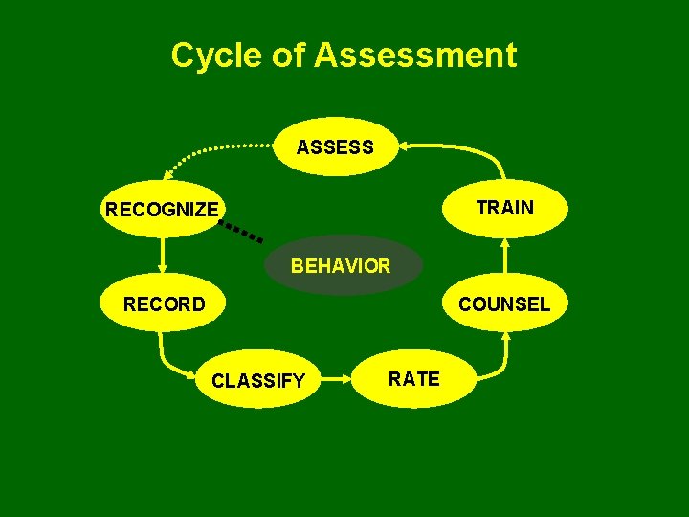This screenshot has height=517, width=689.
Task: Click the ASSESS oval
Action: pos(335,146)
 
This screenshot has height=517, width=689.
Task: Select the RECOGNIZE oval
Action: pos(163,209)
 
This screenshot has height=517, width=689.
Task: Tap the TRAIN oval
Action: pos(504,208)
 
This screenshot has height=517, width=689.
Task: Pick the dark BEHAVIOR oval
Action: pos(341,265)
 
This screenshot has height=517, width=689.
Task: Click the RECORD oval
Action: pos(164,304)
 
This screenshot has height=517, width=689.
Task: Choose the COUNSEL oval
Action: pos(503,304)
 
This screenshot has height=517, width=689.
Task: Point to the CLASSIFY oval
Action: pos(258,381)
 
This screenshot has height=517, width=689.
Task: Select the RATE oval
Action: pos(414,378)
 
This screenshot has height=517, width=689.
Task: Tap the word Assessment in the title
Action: pos(415,55)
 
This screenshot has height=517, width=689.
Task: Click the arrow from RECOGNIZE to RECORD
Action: pos(164,257)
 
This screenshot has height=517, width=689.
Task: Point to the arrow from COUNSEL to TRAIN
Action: pos(505,257)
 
